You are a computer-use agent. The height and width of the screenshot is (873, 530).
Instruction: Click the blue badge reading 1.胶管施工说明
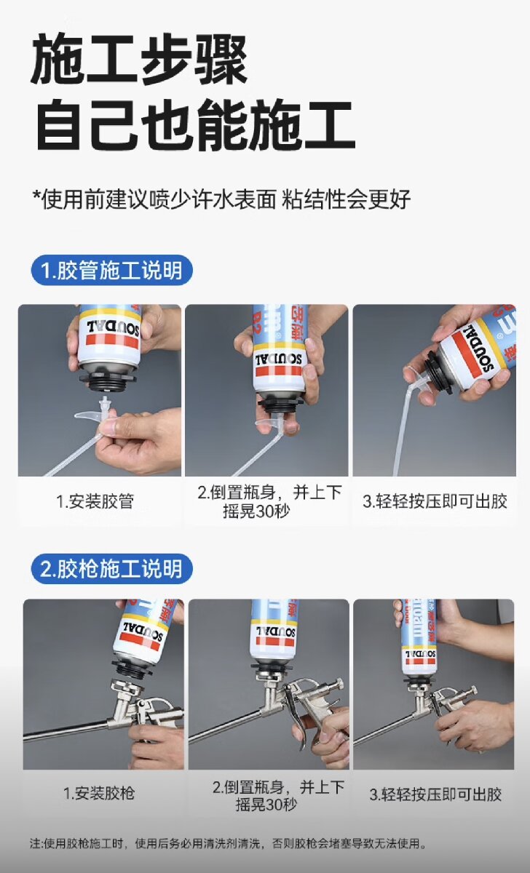pyautogui.click(x=112, y=270)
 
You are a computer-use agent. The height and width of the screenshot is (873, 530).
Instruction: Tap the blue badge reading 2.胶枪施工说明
pyautogui.click(x=112, y=569)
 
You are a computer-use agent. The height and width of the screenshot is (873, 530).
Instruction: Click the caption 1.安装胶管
pyautogui.click(x=95, y=501)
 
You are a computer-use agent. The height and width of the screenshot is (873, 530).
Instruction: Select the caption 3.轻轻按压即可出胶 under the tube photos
pyautogui.click(x=435, y=501)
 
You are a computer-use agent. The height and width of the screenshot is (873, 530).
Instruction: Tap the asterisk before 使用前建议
pyautogui.click(x=36, y=195)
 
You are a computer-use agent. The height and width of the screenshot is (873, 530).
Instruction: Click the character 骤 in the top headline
pyautogui.click(x=221, y=59)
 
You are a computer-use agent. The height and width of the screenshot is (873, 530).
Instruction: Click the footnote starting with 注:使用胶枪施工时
pyautogui.click(x=227, y=844)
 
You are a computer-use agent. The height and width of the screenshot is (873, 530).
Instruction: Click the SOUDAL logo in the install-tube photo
pyautogui.click(x=113, y=328)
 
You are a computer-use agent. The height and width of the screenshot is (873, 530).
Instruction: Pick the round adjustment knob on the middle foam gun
pyautogui.click(x=339, y=684)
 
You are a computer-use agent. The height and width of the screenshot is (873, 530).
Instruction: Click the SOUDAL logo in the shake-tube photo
pyautogui.click(x=278, y=359)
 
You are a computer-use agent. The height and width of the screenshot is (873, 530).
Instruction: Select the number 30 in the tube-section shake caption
pyautogui.click(x=265, y=511)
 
